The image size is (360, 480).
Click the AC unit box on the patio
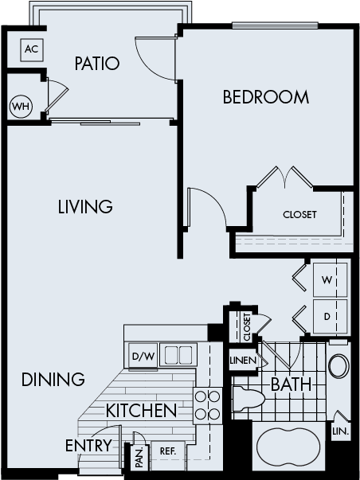tap(31, 49)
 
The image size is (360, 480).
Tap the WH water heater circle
tap(21, 106)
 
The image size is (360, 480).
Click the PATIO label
tap(97, 64)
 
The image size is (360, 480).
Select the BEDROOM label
tap(265, 98)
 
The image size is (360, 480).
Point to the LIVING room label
tap(84, 207)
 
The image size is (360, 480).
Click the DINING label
tap(53, 379)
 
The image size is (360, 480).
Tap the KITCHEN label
tap(141, 411)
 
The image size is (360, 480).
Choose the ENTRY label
tap(88, 445)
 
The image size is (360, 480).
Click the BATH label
tap(291, 384)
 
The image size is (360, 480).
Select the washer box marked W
tap(327, 280)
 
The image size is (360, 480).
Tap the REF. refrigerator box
tap(167, 450)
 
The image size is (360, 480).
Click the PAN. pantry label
tap(139, 456)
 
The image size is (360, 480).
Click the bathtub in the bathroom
tap(289, 445)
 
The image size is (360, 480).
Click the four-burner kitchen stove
tap(208, 405)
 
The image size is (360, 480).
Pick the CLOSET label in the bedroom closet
tap(299, 215)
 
